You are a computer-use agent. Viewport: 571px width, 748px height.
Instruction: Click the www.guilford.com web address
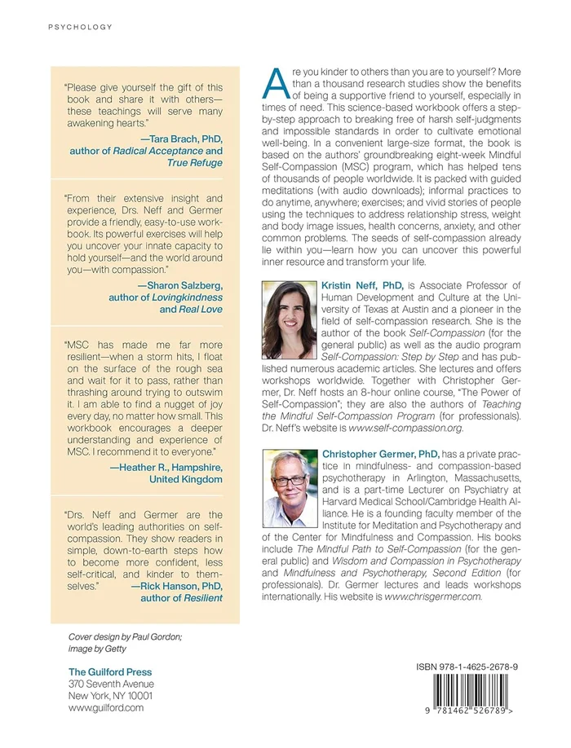(106, 707)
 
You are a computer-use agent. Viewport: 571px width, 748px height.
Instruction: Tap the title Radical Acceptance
(161, 151)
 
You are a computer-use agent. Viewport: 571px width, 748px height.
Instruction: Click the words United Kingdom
(185, 480)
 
